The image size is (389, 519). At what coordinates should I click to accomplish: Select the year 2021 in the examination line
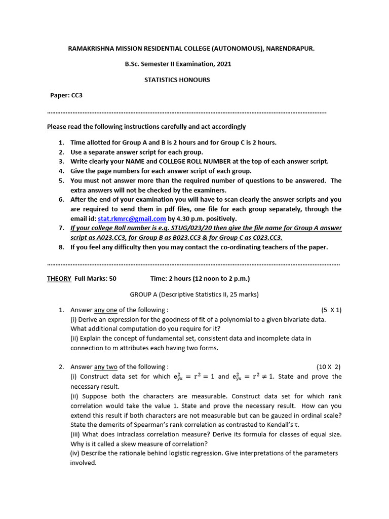point(223,64)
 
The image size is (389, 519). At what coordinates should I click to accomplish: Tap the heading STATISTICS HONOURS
point(177,80)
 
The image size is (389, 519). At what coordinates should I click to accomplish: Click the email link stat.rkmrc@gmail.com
point(132,218)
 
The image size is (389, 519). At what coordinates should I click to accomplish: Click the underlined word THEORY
point(59,278)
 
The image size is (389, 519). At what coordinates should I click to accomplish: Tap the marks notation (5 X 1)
point(331,310)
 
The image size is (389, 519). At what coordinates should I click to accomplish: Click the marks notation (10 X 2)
point(329,366)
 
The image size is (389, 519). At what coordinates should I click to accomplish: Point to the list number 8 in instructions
point(61,247)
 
